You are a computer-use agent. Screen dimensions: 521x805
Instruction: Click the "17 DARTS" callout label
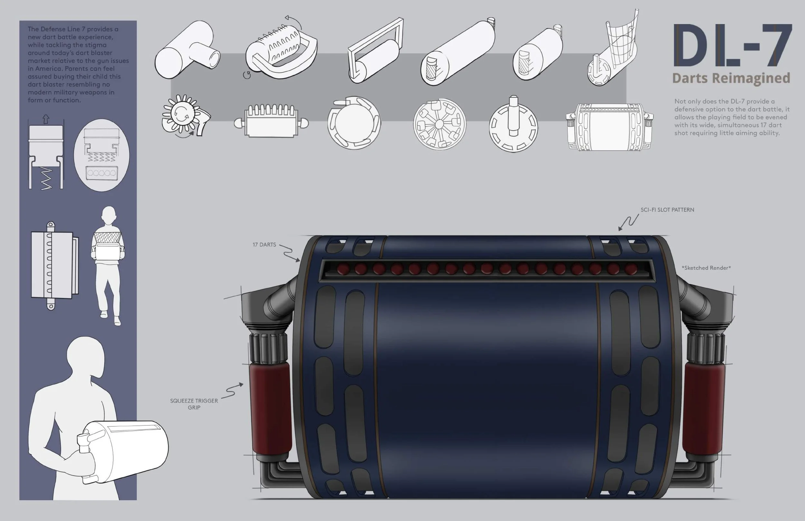coord(264,245)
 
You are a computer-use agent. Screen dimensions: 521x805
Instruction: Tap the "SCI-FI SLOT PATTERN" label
coord(667,210)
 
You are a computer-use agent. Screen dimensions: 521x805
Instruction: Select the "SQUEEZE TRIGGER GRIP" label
coord(194,404)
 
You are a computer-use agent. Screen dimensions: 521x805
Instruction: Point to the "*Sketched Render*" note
coord(706,268)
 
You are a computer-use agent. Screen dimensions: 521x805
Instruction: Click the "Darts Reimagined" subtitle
coord(731,78)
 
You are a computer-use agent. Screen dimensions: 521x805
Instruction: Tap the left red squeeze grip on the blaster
coord(270,408)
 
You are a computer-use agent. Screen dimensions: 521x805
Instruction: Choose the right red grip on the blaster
coord(703,408)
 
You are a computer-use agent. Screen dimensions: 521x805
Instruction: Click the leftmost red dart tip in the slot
coord(343,269)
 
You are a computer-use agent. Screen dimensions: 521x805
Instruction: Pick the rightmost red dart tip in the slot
coord(630,269)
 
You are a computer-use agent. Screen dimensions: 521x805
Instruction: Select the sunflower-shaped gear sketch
coord(184,115)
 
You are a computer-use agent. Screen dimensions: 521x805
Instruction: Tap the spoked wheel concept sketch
coord(439,125)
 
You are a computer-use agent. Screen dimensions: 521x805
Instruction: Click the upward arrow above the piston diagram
coord(46,119)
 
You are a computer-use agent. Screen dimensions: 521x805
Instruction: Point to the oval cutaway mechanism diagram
coord(101,155)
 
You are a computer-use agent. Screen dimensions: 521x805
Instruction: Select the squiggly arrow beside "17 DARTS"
coord(290,252)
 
